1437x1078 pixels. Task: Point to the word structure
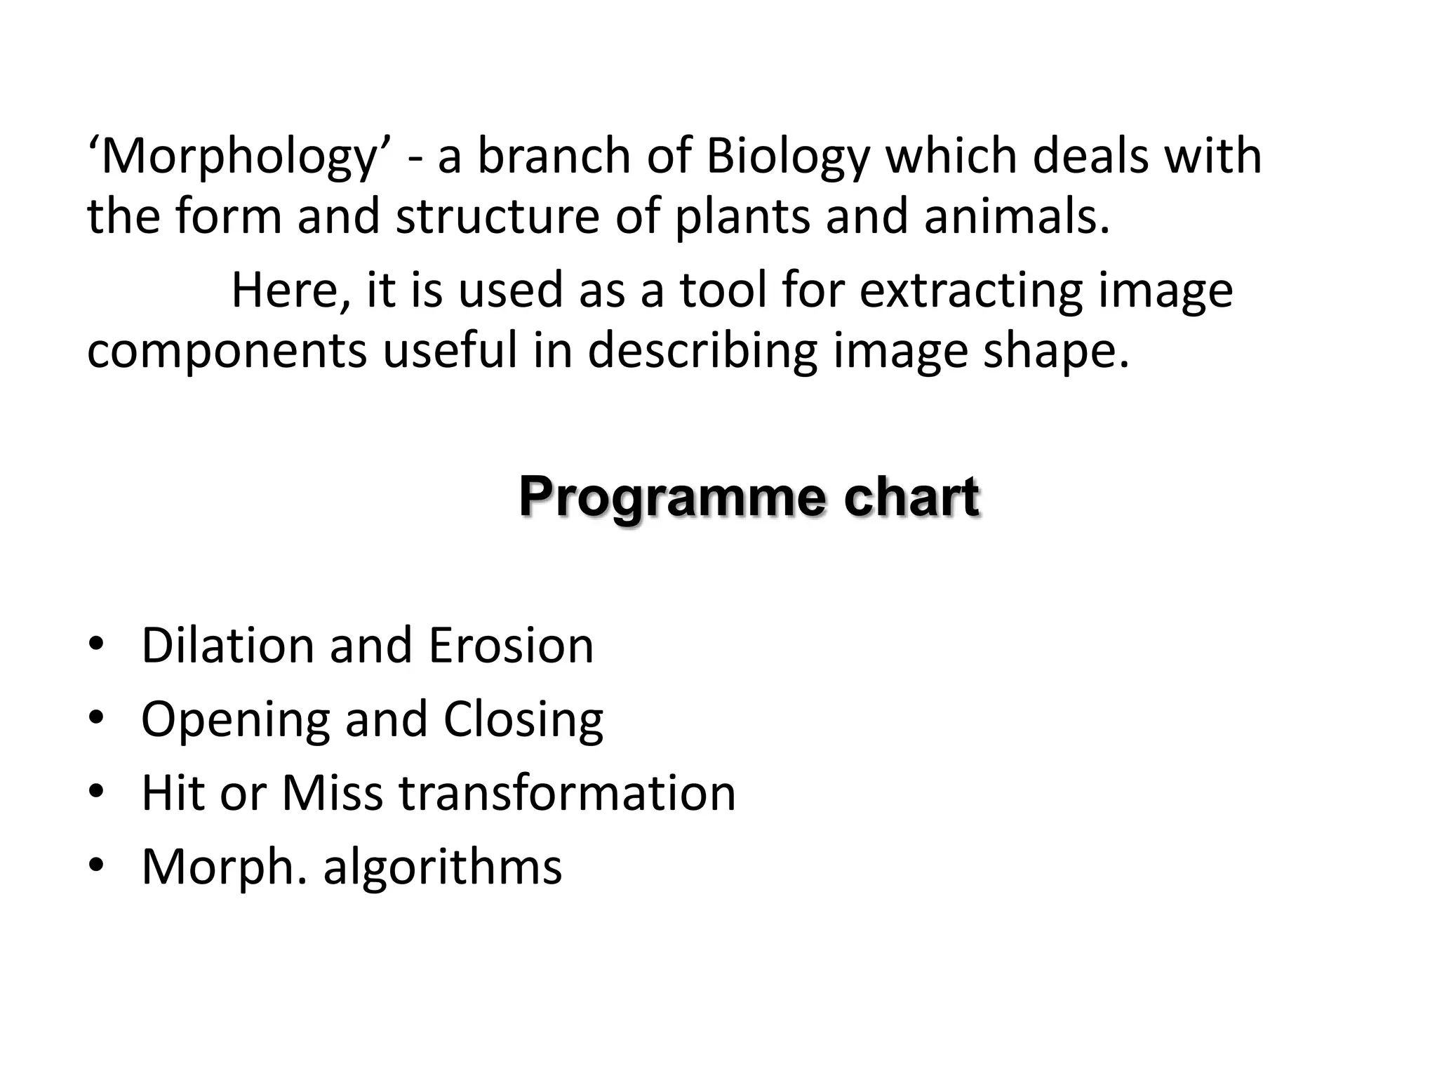497,216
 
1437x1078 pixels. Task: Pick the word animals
1017,216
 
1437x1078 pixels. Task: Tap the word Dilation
227,646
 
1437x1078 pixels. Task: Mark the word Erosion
511,646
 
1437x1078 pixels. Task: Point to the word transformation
568,793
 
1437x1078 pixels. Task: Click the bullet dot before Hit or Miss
96,791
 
